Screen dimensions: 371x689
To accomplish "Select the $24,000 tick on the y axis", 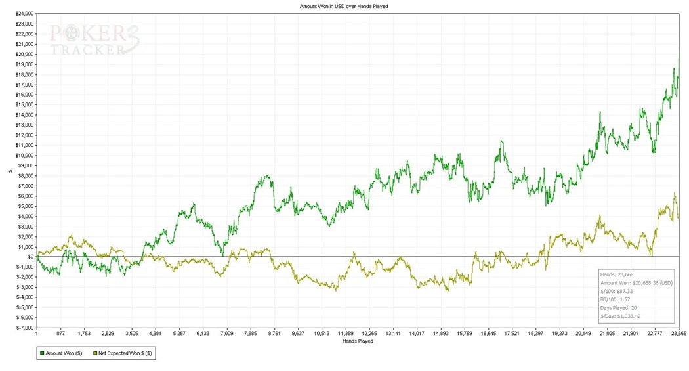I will (24, 13).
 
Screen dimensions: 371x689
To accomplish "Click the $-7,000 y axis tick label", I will (24, 328).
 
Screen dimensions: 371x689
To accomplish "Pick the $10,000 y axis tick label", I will (24, 155).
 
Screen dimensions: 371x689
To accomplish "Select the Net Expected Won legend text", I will (126, 353).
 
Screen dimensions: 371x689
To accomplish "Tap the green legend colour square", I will (42, 353).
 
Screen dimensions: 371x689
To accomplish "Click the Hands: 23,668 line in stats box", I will (616, 274).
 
